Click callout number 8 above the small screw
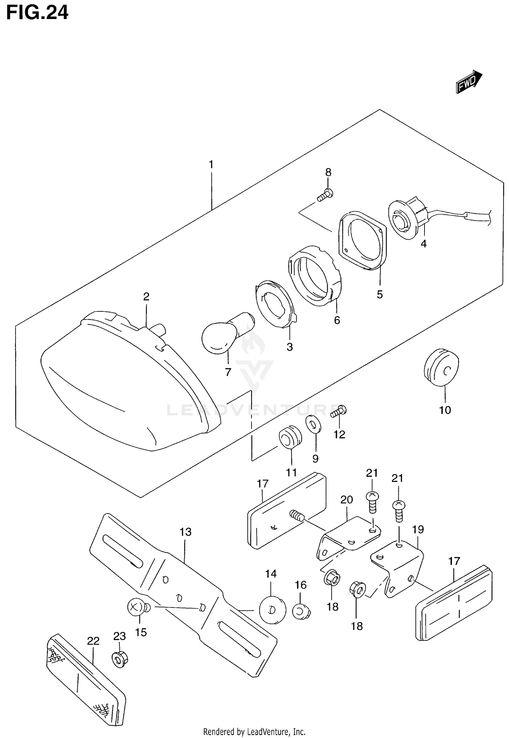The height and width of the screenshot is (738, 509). tap(328, 172)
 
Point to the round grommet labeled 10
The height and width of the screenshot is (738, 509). tap(441, 368)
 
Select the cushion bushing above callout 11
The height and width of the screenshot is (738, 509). tap(289, 436)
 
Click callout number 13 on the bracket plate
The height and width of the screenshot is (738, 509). tap(186, 532)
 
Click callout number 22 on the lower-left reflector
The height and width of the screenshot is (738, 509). tap(93, 641)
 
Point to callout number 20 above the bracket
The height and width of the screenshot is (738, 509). tap(347, 500)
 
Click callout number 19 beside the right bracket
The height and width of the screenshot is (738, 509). tap(418, 529)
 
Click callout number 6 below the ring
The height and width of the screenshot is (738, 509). tap(337, 320)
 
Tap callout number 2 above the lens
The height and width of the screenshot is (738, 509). tap(146, 297)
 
